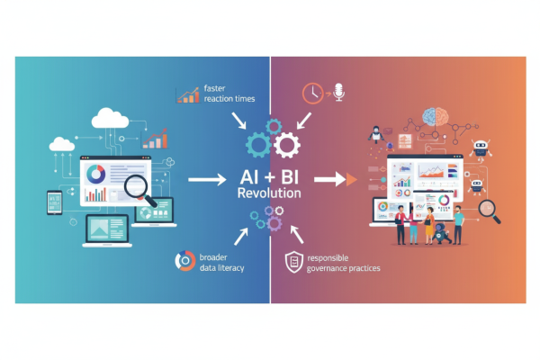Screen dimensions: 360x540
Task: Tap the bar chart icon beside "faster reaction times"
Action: (189, 93)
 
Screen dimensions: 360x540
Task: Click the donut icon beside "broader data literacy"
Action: (184, 261)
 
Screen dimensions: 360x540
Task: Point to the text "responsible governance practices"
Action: (343, 263)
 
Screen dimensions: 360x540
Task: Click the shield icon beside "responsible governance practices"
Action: (292, 262)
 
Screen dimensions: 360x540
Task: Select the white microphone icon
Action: (339, 92)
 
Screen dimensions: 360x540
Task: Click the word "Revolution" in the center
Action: (269, 193)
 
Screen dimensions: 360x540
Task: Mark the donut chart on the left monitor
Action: (95, 171)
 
